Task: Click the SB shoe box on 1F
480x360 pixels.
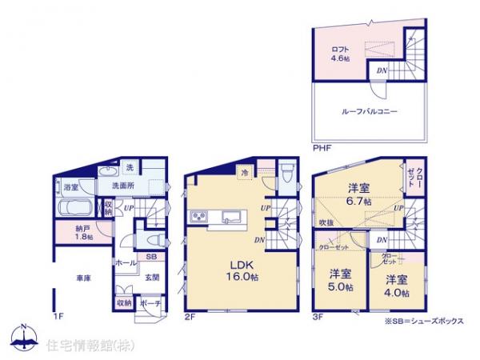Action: [x=150, y=257]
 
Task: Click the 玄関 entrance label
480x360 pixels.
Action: [x=151, y=278]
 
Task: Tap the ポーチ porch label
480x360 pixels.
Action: [x=150, y=304]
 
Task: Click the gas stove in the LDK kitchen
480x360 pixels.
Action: [x=199, y=218]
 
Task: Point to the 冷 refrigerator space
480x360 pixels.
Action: [x=245, y=172]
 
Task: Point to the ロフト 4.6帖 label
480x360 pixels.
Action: [x=341, y=54]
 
